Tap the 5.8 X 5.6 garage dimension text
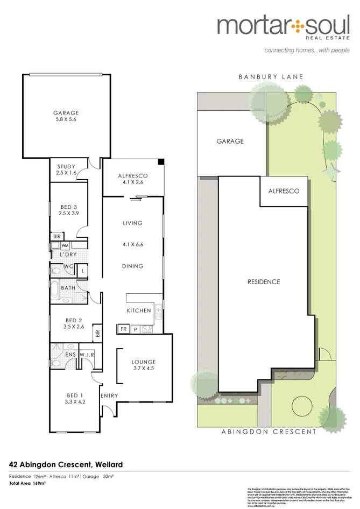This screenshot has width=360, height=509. coord(66,121)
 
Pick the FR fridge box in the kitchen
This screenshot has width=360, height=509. coord(123,328)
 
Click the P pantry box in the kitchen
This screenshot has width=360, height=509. coord(135,328)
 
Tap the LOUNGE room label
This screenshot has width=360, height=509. coord(143,362)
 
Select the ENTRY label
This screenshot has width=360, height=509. coord(109,396)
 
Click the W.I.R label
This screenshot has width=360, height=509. coord(87,355)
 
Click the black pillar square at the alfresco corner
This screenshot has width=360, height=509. coord(160,162)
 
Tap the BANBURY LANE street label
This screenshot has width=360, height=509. coord(271,77)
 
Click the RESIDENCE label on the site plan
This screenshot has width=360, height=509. coord(264,281)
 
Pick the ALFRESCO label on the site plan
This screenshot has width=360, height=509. coord(284,191)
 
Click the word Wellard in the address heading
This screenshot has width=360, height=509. coord(107,464)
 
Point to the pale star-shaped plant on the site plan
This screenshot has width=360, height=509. coord(330,172)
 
